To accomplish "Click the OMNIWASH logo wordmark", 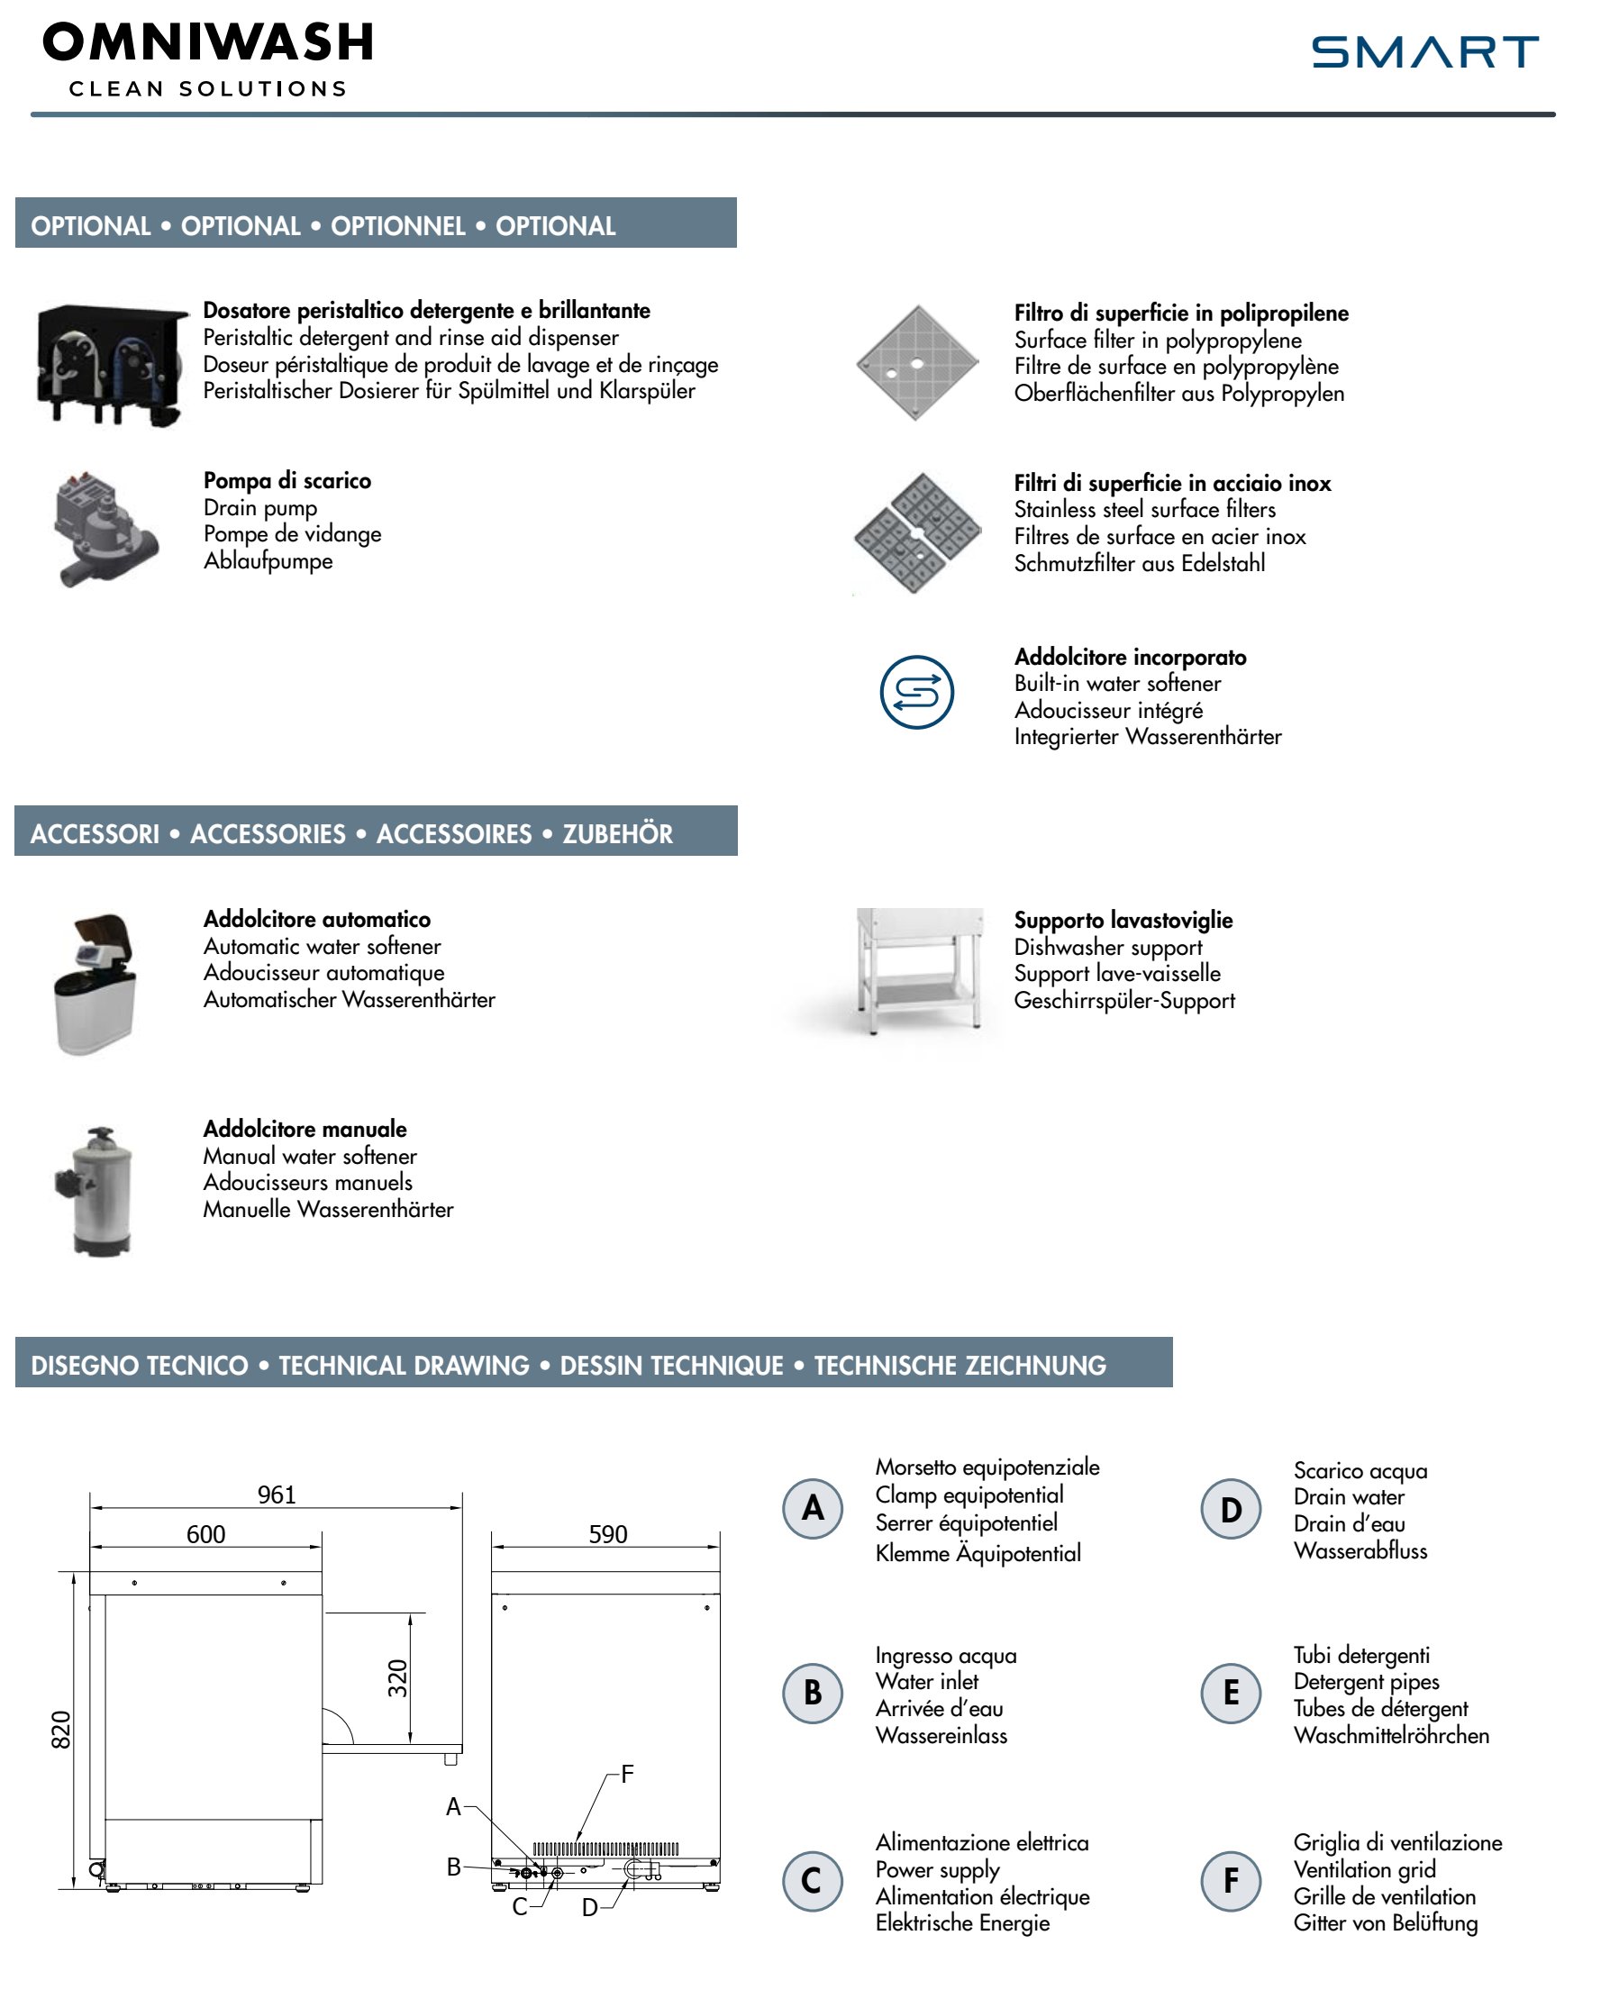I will (207, 43).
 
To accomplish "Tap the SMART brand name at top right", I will (1424, 52).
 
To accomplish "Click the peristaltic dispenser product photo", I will (110, 365).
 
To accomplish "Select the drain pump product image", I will (105, 530).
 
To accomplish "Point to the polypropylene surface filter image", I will (917, 363).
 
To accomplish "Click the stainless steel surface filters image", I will (917, 532).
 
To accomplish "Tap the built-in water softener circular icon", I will (917, 692).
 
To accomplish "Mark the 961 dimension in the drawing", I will (276, 1495).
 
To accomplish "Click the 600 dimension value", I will (205, 1534).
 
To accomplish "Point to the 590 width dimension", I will (607, 1534).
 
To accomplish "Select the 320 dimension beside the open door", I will (398, 1678).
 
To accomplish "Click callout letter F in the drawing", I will (627, 1774).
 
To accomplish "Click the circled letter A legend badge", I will (813, 1508).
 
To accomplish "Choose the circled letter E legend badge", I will (1230, 1693).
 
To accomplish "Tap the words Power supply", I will (936, 1870).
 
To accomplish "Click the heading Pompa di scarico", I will (287, 480).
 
